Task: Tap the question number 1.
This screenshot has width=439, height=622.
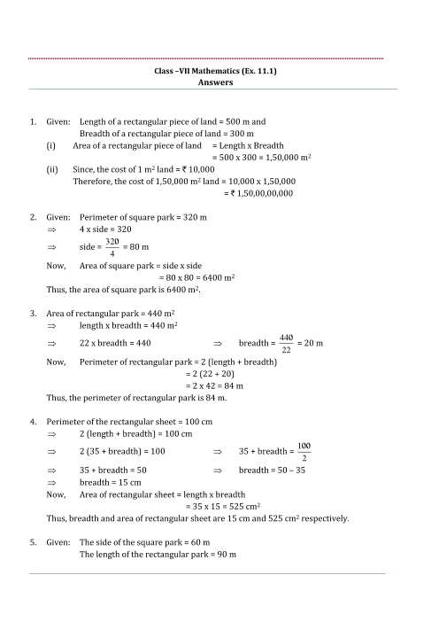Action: (x=33, y=121)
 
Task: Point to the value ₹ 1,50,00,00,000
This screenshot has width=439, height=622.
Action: (x=259, y=192)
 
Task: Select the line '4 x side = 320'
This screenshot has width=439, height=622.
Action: (x=106, y=229)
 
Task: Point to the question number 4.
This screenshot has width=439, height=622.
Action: (x=33, y=422)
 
